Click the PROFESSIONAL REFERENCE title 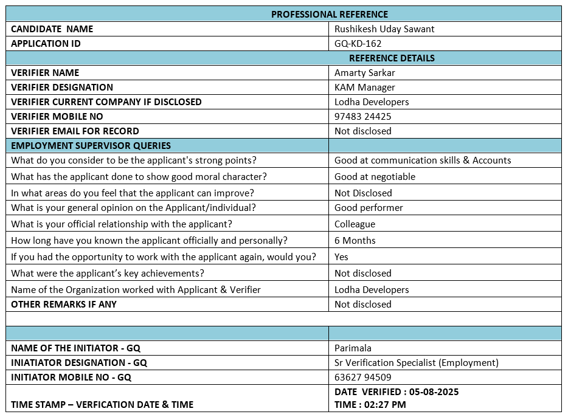(329, 14)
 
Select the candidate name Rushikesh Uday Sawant (384, 29)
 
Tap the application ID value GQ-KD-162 (358, 44)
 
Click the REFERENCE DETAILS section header (392, 58)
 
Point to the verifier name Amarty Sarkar (365, 73)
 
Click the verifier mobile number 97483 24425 (363, 117)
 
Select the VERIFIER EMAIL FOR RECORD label (75, 131)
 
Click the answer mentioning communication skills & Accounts (423, 160)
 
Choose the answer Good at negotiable (375, 177)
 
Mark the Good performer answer (369, 208)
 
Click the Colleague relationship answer (355, 224)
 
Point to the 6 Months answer (355, 241)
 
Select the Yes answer (341, 257)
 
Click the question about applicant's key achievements (108, 274)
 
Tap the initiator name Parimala (353, 348)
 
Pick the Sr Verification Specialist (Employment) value (417, 363)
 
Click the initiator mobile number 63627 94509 (363, 377)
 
